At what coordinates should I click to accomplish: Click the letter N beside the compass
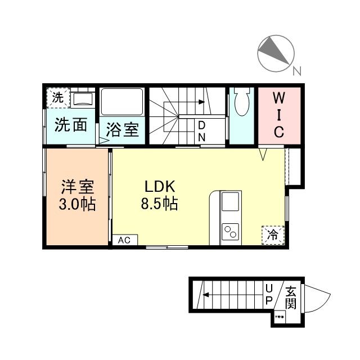[x=296, y=71]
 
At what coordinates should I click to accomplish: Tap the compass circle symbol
[x=275, y=53]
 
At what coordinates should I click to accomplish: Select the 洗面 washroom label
[x=71, y=125]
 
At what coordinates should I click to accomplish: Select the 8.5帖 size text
[x=159, y=204]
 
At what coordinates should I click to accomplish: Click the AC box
[x=124, y=240]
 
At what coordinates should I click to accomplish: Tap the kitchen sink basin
[x=230, y=202]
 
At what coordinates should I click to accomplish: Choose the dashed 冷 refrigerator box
[x=272, y=234]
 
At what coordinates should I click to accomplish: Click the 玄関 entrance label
[x=290, y=298]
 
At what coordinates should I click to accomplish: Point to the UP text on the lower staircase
[x=269, y=295]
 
